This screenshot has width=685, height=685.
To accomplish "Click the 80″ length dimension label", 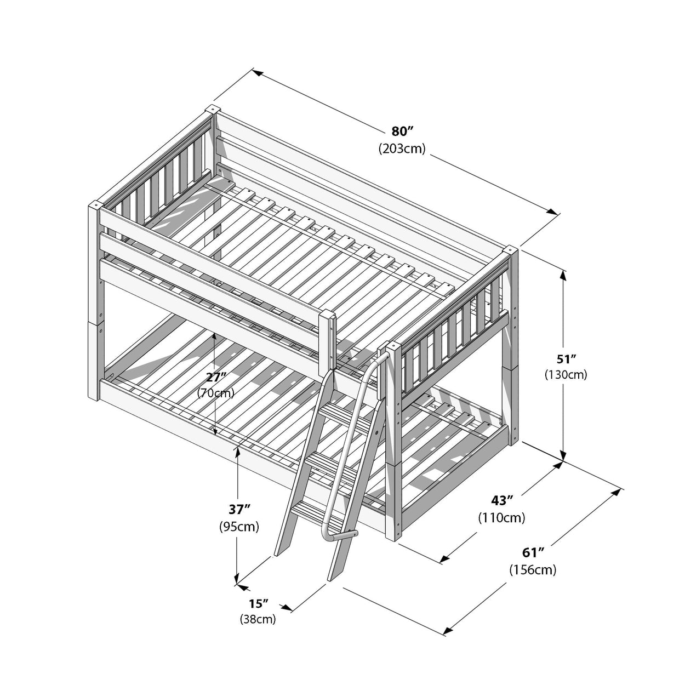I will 401,131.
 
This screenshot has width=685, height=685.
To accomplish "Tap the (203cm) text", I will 401,149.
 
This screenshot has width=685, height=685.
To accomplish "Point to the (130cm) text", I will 566,375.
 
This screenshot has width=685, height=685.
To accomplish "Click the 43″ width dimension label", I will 501,500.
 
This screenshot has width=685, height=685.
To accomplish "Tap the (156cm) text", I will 532,569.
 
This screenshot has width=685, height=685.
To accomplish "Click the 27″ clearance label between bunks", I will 215,377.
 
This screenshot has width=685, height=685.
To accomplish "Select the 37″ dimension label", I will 239,509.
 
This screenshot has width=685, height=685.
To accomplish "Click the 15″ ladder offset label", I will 258,604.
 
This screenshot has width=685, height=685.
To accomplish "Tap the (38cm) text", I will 258,620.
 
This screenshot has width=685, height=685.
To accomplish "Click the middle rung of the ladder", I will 327,460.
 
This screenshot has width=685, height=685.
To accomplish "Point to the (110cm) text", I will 501,517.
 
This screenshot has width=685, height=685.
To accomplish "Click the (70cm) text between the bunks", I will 215,393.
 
